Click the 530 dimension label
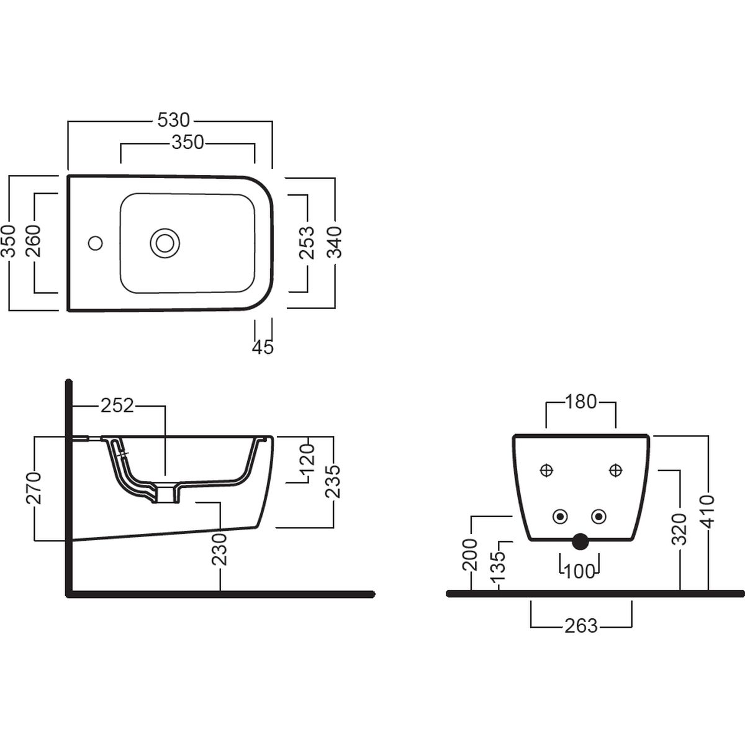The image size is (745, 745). click(174, 120)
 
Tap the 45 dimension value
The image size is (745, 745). click(263, 347)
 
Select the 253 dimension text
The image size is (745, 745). click(307, 242)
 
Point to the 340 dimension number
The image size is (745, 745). click(335, 242)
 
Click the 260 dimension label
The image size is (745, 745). click(34, 242)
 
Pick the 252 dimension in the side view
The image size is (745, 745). click(117, 405)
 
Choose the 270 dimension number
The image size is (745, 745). click(34, 488)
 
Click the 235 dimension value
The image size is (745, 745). click(333, 482)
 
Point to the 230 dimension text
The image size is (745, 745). click(220, 550)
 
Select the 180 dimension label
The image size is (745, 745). click(580, 402)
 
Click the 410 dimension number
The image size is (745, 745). click(708, 512)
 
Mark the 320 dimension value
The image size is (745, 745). click(679, 530)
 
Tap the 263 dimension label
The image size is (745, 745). click(581, 626)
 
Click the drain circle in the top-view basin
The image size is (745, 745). click(165, 243)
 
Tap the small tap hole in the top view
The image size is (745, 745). click(95, 243)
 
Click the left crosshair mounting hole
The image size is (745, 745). click(546, 471)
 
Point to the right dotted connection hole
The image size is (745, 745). click(598, 517)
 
